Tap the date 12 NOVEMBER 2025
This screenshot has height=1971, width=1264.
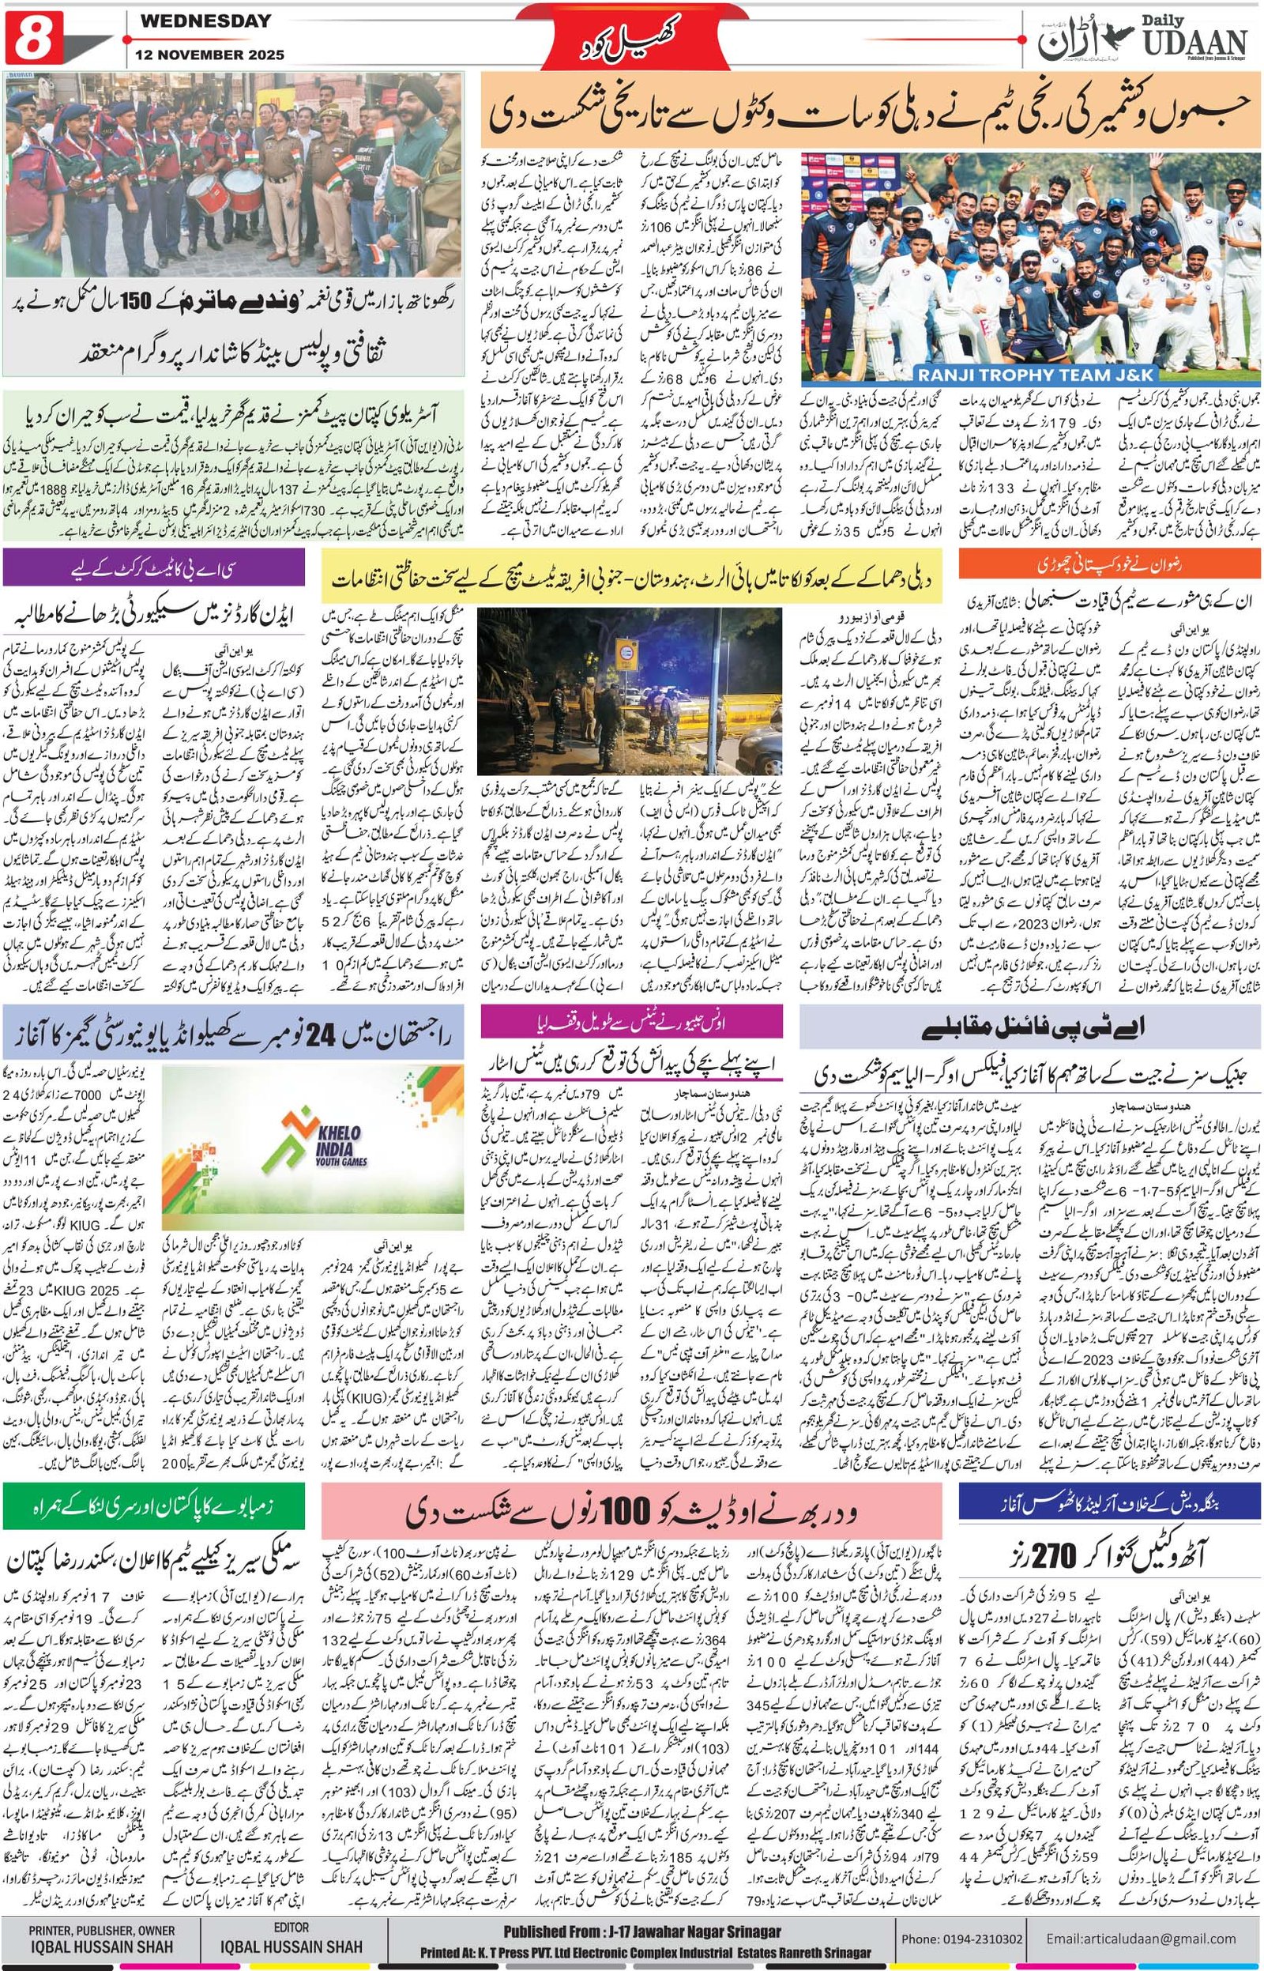coord(207,56)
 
